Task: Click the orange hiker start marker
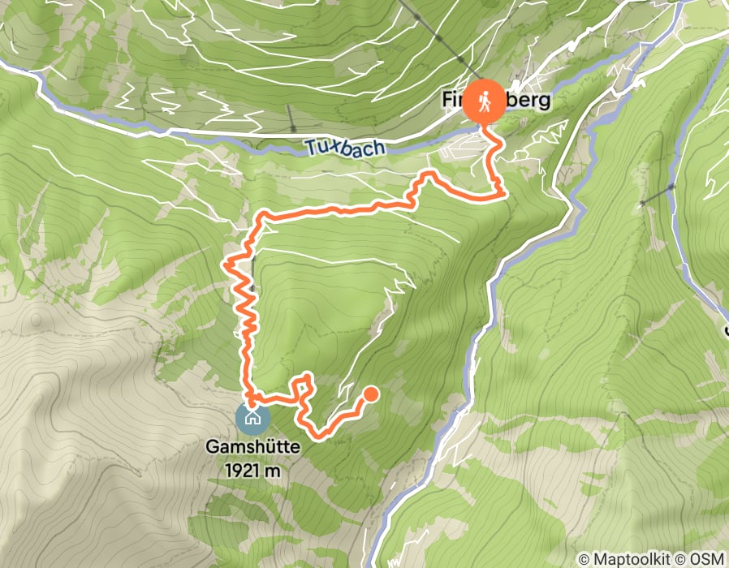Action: [485, 101]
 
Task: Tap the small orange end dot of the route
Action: [370, 394]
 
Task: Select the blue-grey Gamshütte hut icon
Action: [252, 418]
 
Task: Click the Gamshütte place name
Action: [252, 447]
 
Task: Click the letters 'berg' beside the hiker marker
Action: [528, 101]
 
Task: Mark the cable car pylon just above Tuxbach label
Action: [291, 128]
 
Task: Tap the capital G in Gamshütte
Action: [212, 447]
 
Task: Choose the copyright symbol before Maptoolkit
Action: [584, 558]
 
